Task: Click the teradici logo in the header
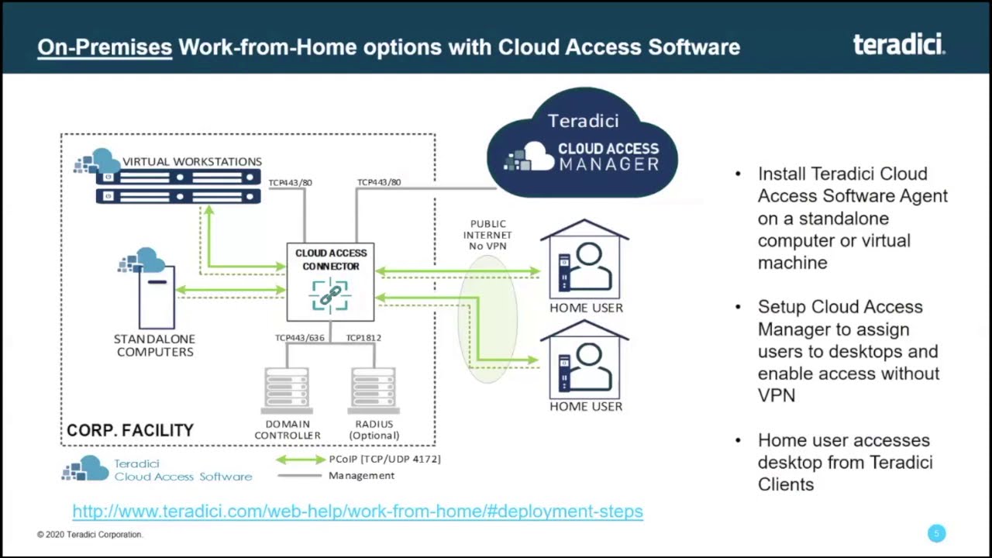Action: click(899, 44)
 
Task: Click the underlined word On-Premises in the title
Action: click(105, 47)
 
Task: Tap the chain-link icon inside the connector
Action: click(330, 295)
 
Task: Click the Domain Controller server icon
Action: click(287, 391)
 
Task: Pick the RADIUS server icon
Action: click(374, 391)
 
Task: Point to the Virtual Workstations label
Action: click(191, 161)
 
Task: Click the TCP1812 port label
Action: click(363, 338)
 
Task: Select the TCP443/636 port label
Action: click(299, 338)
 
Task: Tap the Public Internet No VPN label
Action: click(487, 235)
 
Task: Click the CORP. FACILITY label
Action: click(130, 430)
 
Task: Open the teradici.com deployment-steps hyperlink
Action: click(357, 511)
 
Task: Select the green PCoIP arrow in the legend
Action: click(301, 460)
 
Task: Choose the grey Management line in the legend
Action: click(301, 476)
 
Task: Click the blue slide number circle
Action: click(936, 533)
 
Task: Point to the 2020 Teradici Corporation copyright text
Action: click(90, 535)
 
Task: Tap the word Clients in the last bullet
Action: click(786, 484)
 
